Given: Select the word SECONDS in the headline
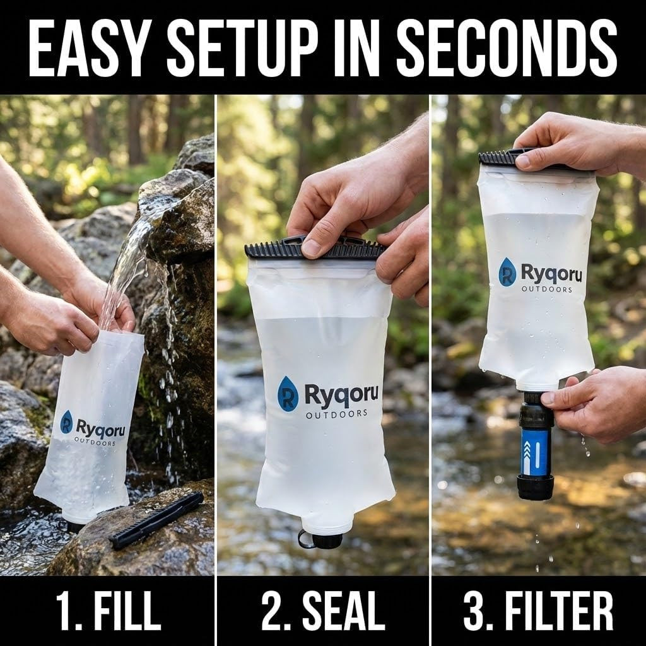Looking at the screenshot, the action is [x=507, y=47].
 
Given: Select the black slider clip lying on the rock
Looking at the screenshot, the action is [x=156, y=520].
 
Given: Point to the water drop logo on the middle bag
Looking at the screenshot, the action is [x=288, y=394].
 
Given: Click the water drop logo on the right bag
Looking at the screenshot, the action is [x=507, y=273].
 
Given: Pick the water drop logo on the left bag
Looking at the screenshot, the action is [x=66, y=422].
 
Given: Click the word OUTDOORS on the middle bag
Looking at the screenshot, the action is [x=337, y=414].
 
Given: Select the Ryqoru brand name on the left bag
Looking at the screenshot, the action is [x=100, y=428].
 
